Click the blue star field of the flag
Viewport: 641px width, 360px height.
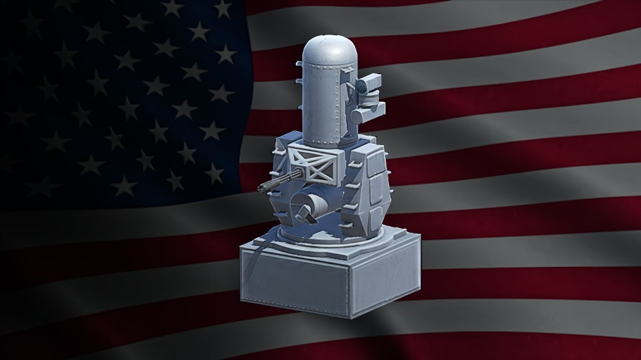[119, 94]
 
